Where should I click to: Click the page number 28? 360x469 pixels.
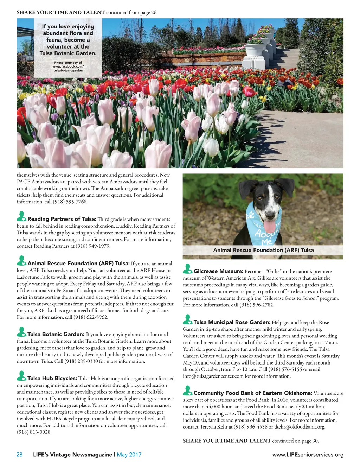pyautogui.click(x=19, y=455)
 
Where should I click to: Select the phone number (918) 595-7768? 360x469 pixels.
pyautogui.click(x=70, y=202)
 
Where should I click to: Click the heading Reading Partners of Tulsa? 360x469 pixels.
pyautogui.click(x=62, y=219)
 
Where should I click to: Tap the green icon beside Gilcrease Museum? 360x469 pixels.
pyautogui.click(x=187, y=269)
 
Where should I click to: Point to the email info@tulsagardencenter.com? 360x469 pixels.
pyautogui.click(x=213, y=376)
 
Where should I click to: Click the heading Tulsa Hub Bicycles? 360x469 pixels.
pyautogui.click(x=52, y=378)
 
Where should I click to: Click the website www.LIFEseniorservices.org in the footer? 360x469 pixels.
pyautogui.click(x=308, y=455)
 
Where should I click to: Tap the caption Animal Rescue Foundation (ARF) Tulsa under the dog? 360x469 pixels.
pyautogui.click(x=263, y=250)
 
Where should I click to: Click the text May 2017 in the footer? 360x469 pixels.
pyautogui.click(x=129, y=455)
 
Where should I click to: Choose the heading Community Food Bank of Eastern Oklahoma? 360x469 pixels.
pyautogui.click(x=252, y=393)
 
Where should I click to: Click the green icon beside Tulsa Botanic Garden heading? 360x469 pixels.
pyautogui.click(x=21, y=332)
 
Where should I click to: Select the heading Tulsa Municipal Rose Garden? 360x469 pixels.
pyautogui.click(x=232, y=322)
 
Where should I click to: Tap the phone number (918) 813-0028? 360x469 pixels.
pyautogui.click(x=34, y=432)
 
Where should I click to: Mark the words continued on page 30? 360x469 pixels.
pyautogui.click(x=295, y=441)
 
